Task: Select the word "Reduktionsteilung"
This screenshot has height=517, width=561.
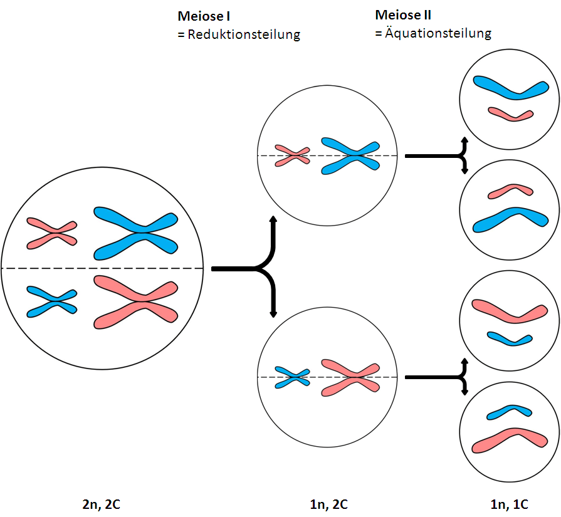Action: (x=243, y=35)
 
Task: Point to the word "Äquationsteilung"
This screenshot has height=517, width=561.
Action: (x=438, y=33)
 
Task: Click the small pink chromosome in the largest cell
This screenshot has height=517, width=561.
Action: (x=51, y=233)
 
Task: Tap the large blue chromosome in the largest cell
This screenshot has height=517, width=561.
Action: (x=136, y=232)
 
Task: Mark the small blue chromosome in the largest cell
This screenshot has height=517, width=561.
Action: (x=51, y=301)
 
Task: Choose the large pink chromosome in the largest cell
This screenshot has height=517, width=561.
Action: (x=136, y=302)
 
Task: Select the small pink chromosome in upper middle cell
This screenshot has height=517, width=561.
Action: (x=292, y=155)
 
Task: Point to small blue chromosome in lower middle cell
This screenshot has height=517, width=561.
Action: (x=292, y=377)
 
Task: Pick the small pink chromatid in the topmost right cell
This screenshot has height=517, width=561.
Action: (x=511, y=114)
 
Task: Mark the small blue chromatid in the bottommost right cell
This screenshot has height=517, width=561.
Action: (x=509, y=412)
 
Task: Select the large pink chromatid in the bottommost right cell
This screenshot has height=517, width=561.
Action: (x=509, y=439)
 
